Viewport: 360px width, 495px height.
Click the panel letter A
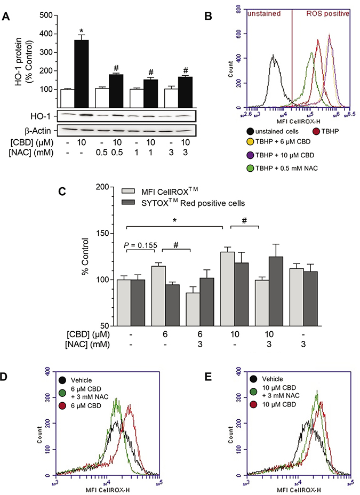tap(6, 16)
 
